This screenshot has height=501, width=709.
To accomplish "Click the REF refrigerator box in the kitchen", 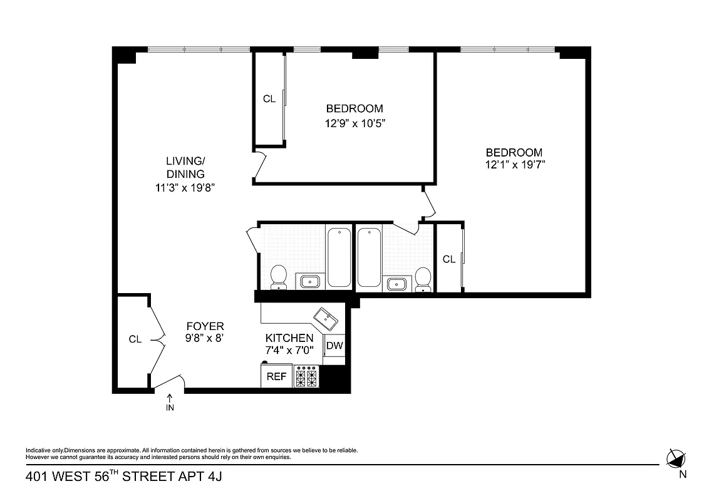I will tap(276, 376).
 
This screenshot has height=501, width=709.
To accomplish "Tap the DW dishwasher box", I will tap(334, 345).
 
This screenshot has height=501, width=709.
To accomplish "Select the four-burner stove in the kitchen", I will tap(306, 377).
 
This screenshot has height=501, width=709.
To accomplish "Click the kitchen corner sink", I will tap(326, 318).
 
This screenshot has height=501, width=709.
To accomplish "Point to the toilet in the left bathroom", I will tap(278, 277).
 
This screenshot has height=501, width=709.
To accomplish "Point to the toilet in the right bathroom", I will tap(424, 279).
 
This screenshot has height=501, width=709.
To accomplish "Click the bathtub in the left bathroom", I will tap(339, 257).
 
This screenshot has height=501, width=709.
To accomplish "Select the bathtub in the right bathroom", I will tap(368, 257).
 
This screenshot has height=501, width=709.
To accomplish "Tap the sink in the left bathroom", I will tap(309, 282).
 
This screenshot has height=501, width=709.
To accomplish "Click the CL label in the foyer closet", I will tap(135, 339).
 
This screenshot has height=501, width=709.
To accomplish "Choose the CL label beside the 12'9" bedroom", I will tap(269, 99).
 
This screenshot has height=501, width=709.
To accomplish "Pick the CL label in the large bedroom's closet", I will tap(449, 259).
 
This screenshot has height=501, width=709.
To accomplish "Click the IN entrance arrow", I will tap(170, 402).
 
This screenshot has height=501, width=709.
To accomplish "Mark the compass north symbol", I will tap(676, 459).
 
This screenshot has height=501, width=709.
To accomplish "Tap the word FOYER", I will tap(205, 326).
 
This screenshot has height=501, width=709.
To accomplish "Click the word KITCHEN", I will tap(289, 338).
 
